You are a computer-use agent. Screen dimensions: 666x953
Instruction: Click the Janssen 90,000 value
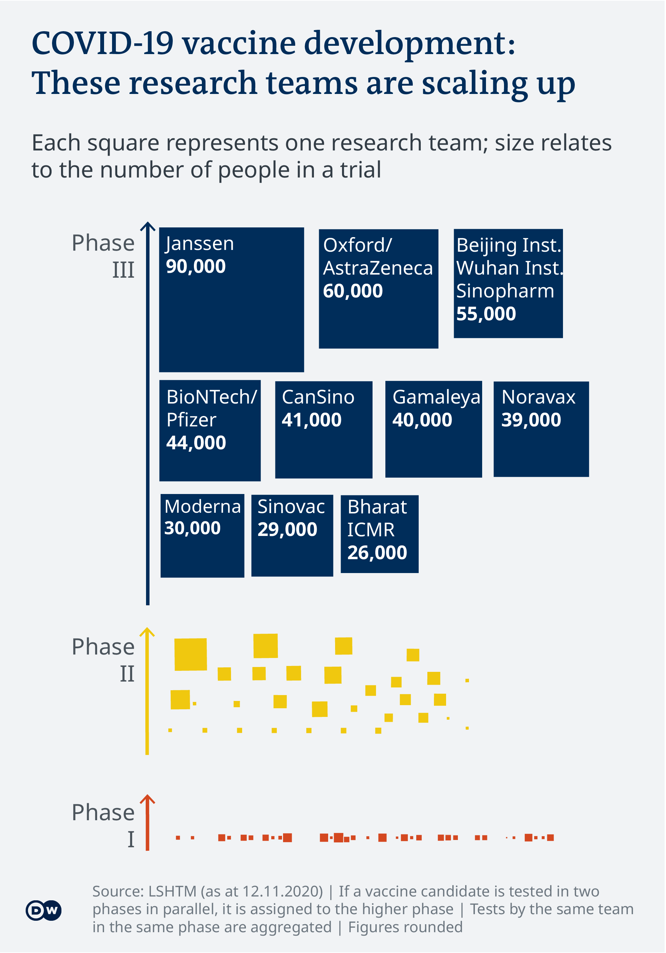(196, 267)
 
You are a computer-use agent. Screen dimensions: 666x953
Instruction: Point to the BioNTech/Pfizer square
(210, 431)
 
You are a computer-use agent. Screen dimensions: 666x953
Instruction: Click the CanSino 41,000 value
(312, 420)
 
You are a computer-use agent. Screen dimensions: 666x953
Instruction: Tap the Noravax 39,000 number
(531, 420)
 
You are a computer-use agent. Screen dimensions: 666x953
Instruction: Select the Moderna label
(203, 507)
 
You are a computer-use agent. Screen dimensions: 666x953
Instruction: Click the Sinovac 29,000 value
(287, 530)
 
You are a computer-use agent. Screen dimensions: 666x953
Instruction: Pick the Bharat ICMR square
(379, 534)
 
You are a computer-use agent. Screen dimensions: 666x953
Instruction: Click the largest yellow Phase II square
(190, 655)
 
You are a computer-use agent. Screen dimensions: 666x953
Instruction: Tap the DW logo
(44, 911)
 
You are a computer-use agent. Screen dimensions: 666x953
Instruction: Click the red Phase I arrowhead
(147, 800)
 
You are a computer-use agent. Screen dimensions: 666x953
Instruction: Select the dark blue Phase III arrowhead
(147, 227)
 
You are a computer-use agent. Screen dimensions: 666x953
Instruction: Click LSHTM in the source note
(172, 891)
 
